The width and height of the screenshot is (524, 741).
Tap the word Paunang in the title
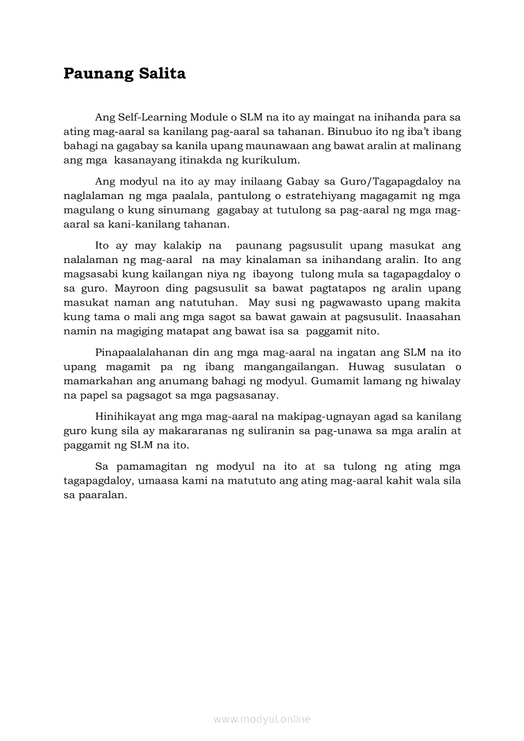point(97,74)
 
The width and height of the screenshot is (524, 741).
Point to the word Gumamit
point(334,381)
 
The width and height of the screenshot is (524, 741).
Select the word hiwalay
point(442,381)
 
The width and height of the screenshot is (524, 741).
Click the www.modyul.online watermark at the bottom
point(262,719)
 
